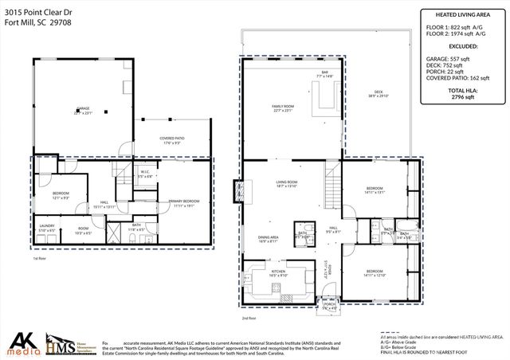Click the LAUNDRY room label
tap(45, 226)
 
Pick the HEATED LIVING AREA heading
tap(462, 14)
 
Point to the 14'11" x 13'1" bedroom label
tap(374, 190)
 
